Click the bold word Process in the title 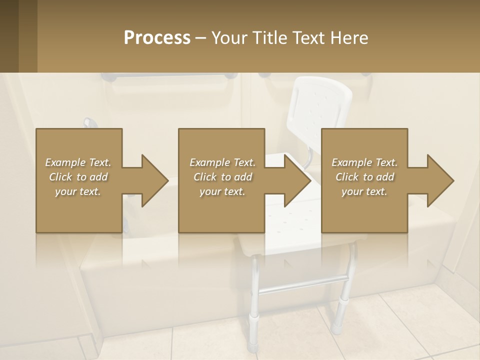tap(157, 38)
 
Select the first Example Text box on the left tap(78, 180)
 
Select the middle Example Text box tap(221, 180)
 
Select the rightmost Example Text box tap(364, 180)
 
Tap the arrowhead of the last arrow tap(439, 180)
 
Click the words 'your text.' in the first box tap(77, 191)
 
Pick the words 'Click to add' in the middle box tap(222, 177)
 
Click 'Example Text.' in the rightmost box tap(364, 162)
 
